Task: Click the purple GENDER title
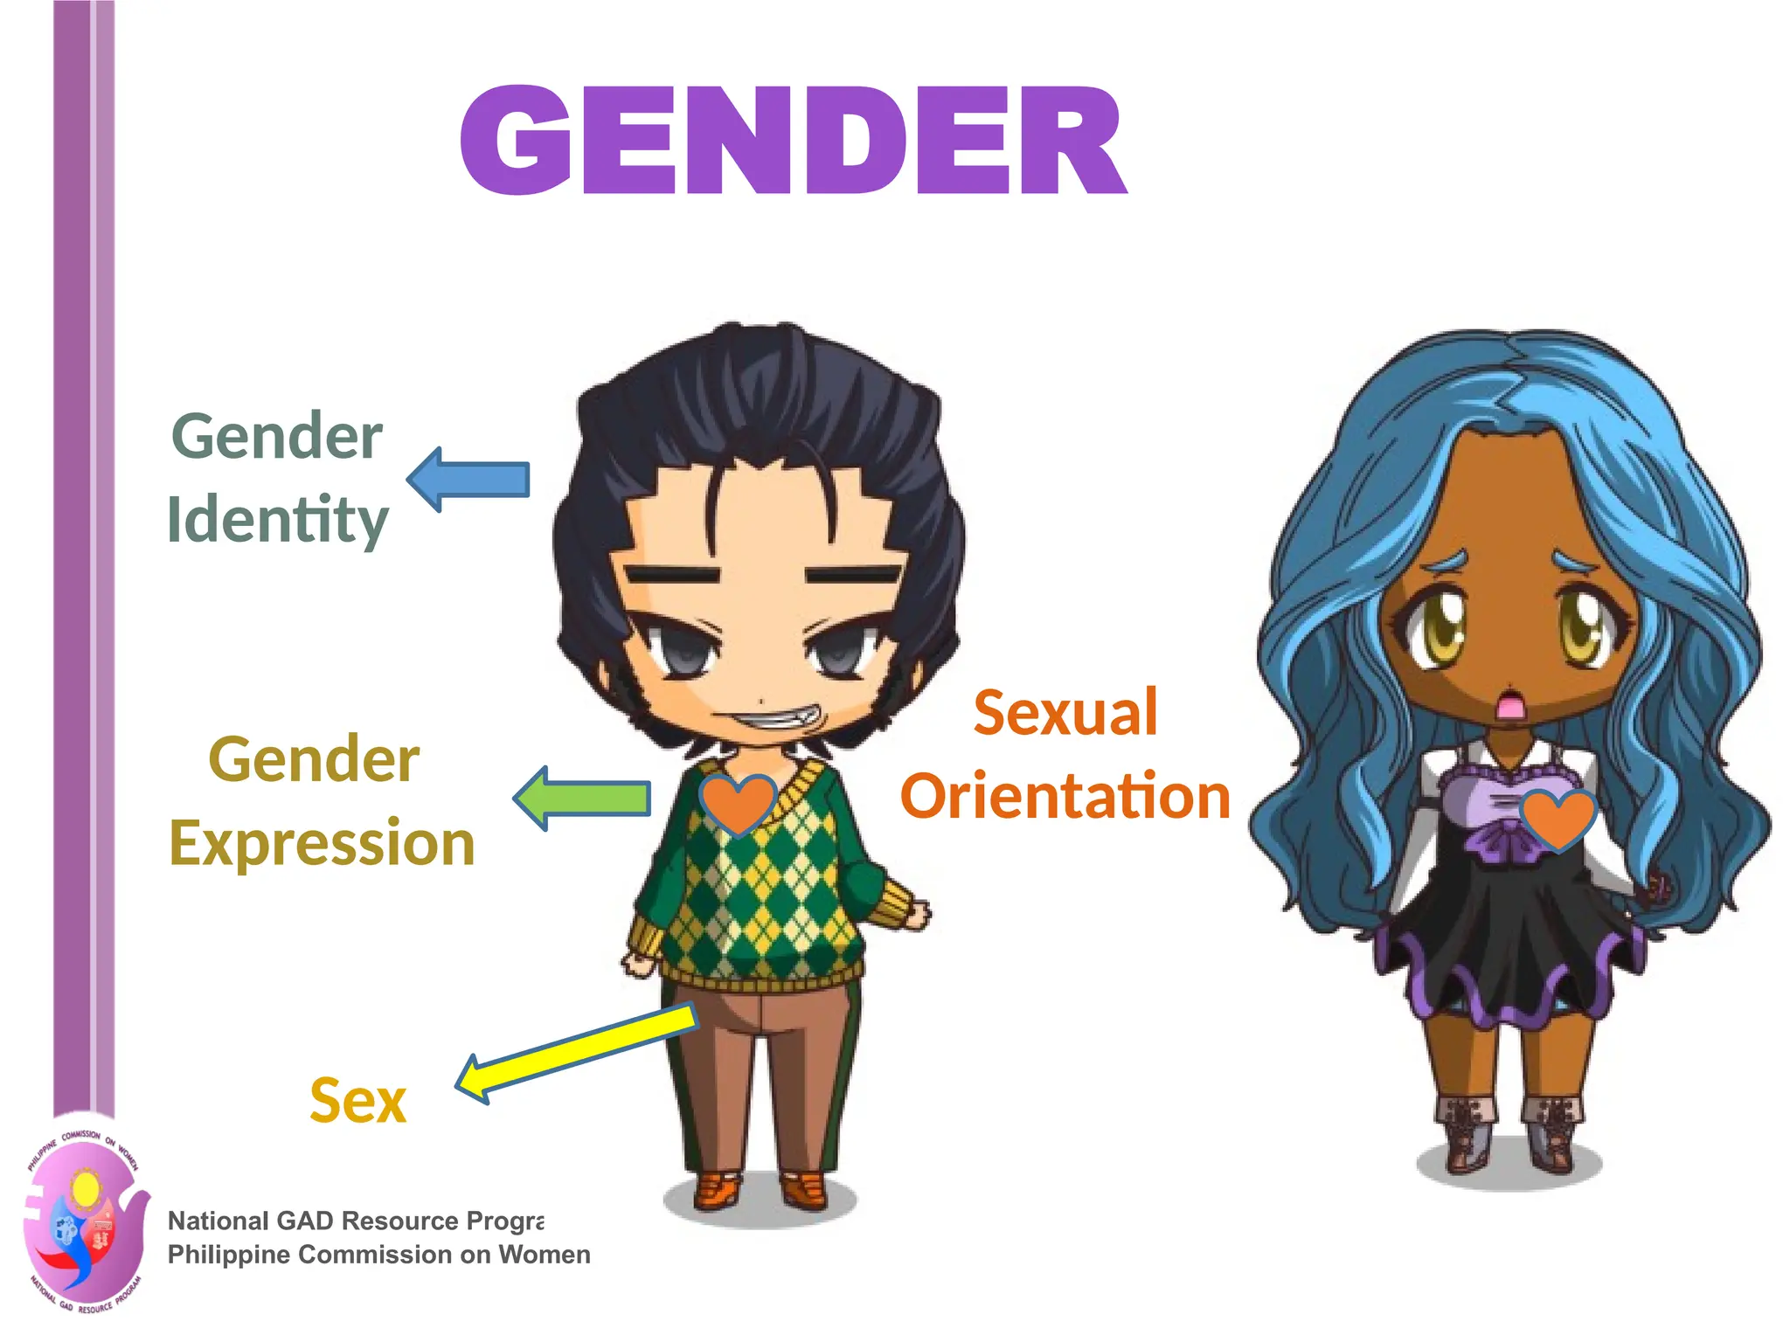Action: point(793,140)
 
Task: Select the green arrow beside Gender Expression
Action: point(584,798)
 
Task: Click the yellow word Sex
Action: point(358,1101)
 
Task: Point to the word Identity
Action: point(277,520)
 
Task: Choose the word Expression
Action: point(322,844)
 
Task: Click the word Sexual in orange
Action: point(1065,713)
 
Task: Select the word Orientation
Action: point(1065,796)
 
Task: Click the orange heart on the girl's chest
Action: point(1558,820)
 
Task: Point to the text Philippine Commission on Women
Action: point(378,1255)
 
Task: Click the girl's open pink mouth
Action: point(1509,704)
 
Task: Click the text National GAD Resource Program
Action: point(355,1221)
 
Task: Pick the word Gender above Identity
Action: point(277,436)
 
